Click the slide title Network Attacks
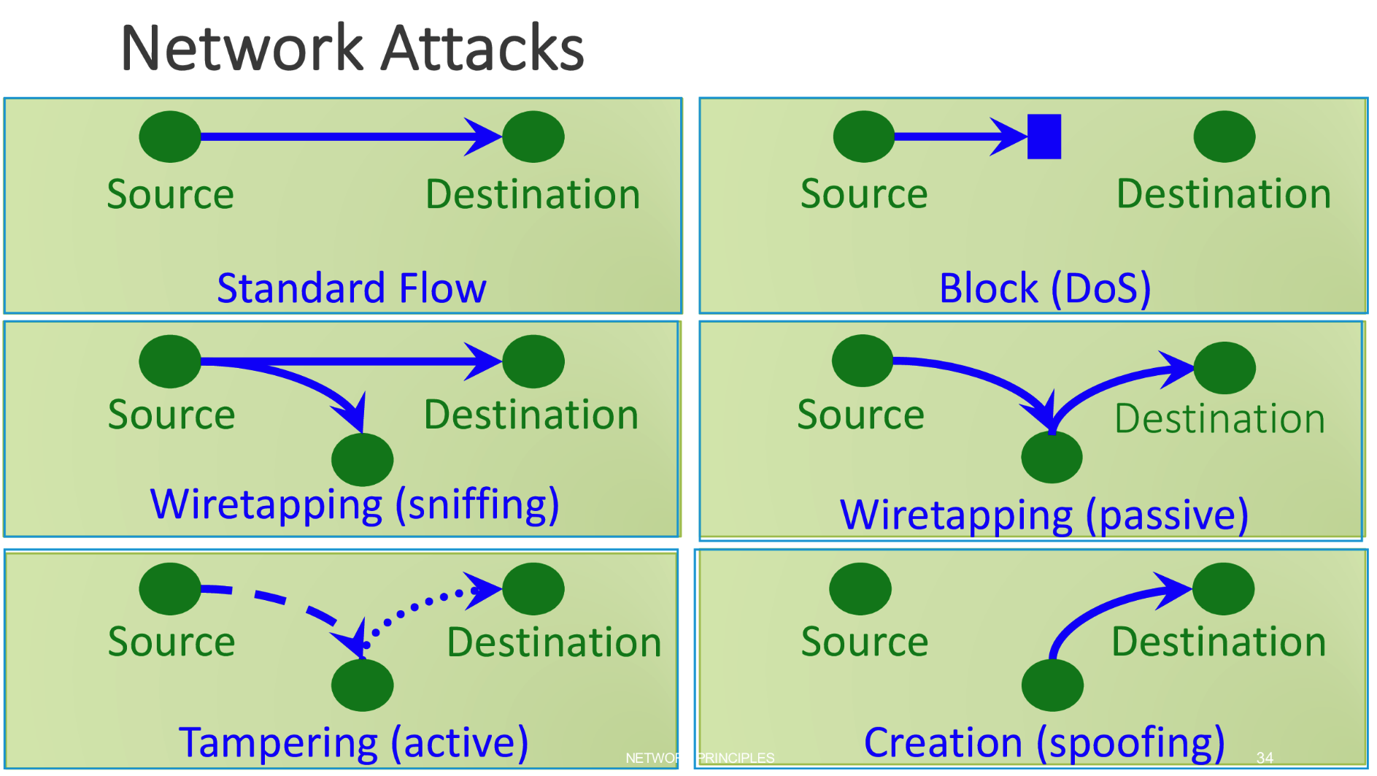[x=352, y=48]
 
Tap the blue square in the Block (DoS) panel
[x=1044, y=137]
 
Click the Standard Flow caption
[x=352, y=288]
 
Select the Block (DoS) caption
[x=1045, y=288]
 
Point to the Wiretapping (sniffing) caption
[x=355, y=504]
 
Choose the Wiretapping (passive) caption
[x=1044, y=515]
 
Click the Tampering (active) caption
[x=354, y=742]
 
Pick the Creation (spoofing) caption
[x=1044, y=742]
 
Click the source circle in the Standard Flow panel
[x=170, y=137]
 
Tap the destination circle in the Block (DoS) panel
[x=1224, y=137]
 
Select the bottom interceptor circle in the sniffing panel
[x=362, y=460]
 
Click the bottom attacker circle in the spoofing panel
[x=1052, y=685]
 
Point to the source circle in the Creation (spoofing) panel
[x=860, y=588]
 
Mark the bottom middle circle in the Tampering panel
[x=362, y=685]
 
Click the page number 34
[x=1265, y=758]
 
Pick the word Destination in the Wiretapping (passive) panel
[x=1219, y=419]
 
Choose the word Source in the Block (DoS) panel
[x=864, y=194]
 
